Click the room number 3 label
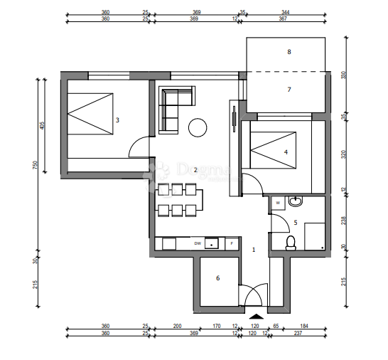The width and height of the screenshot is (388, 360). (117, 120)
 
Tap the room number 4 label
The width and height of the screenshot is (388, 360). (286, 152)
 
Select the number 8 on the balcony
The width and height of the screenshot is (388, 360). (289, 52)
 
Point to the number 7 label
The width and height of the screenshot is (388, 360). (289, 90)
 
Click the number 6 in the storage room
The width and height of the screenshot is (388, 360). (217, 278)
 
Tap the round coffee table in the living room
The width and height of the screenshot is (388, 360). (197, 128)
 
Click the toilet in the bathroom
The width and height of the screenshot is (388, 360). (290, 243)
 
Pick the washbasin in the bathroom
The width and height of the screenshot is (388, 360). (296, 202)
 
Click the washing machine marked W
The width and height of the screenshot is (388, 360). (278, 203)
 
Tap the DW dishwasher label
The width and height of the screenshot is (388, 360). (198, 244)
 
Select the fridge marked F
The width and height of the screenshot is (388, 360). (231, 244)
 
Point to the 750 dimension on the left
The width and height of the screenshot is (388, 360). (35, 164)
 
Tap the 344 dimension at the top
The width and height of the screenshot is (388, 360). (285, 13)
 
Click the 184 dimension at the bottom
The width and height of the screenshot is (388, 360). (305, 327)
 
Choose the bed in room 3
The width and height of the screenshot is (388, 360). (90, 113)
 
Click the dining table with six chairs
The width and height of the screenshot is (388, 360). (177, 199)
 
